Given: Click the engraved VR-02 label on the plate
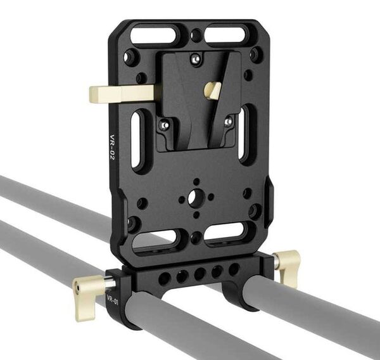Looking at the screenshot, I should [x=111, y=147].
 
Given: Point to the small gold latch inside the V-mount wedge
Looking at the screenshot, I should [x=213, y=90].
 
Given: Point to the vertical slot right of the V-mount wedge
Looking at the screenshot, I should [x=246, y=134].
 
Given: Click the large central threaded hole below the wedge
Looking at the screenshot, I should [x=196, y=198].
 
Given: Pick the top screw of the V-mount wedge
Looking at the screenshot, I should [x=196, y=59].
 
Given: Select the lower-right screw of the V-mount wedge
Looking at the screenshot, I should [x=228, y=120].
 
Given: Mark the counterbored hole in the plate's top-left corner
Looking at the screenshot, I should [x=131, y=57].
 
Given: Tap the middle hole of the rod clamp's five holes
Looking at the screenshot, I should [x=199, y=274].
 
